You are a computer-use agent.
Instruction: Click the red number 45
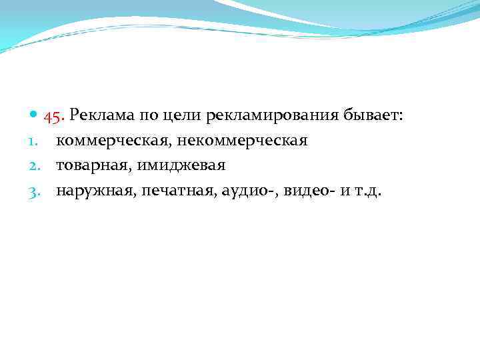54,116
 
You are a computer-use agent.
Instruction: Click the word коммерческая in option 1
113,141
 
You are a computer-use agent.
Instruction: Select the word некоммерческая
242,141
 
